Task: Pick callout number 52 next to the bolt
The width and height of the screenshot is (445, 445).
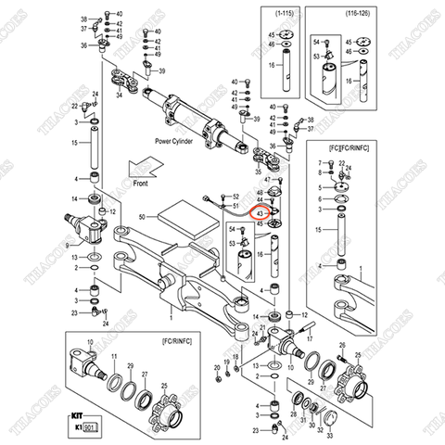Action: pyautogui.click(x=235, y=197)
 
